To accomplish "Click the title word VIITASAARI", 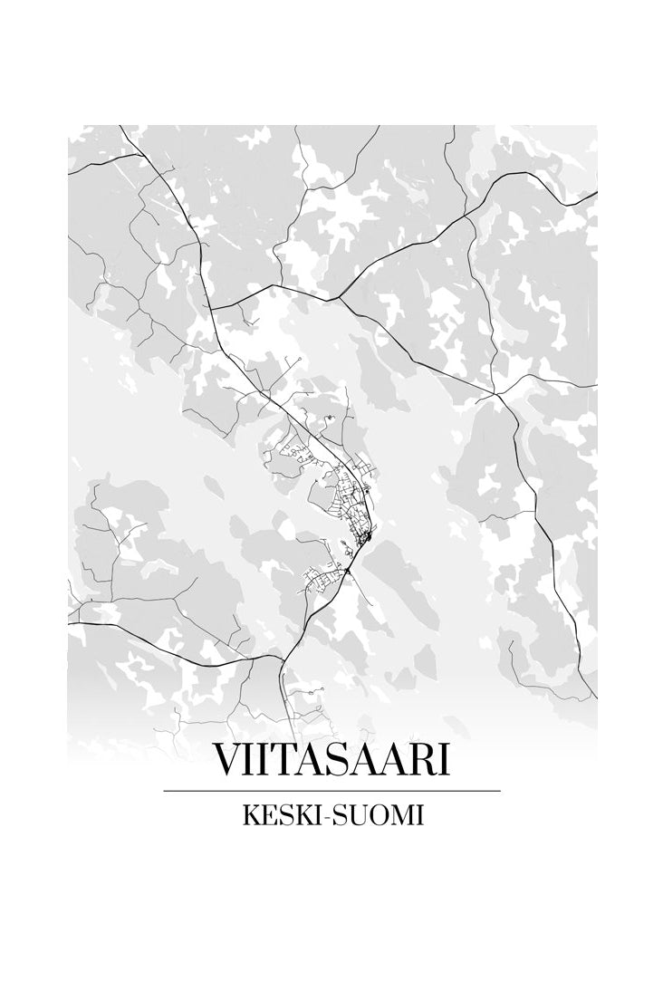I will point(331,761).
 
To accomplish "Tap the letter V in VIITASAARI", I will point(226,761).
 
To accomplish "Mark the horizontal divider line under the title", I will point(331,791).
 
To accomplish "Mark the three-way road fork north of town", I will point(339,298).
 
